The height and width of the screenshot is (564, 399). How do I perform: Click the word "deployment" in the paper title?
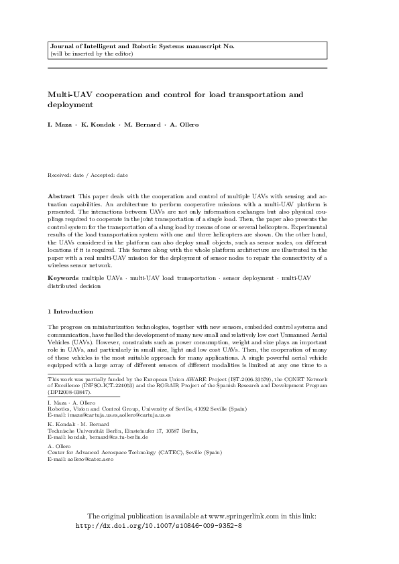click(x=70, y=105)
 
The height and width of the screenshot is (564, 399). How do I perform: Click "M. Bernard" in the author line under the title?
click(x=136, y=125)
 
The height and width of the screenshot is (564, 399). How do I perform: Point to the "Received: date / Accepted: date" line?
click(x=87, y=175)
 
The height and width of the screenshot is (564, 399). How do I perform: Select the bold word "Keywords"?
click(x=63, y=277)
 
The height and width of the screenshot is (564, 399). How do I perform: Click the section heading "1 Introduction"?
click(x=70, y=311)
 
